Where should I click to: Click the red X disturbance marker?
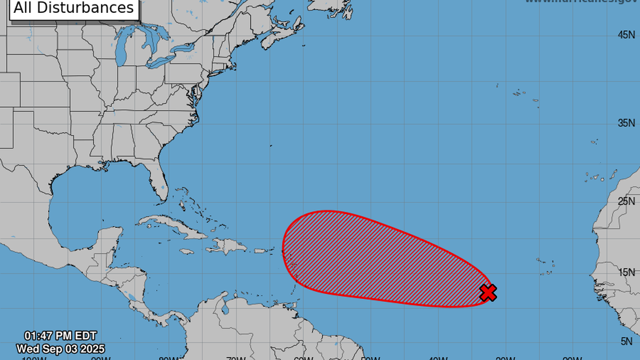click(x=488, y=293)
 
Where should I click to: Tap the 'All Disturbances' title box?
click(x=74, y=8)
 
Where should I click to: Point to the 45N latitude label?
click(x=625, y=35)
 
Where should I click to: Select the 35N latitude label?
click(x=625, y=123)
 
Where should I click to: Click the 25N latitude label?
click(x=625, y=201)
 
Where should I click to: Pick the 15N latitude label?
click(x=625, y=272)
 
